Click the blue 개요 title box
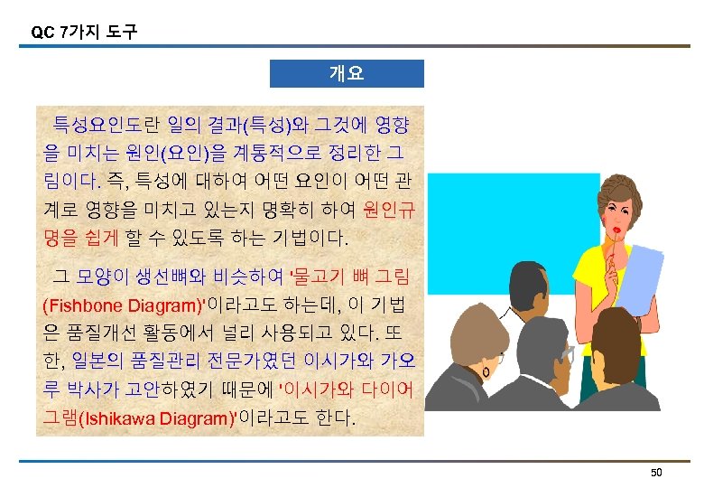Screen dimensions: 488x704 (x=347, y=73)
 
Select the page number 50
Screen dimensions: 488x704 (x=656, y=474)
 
